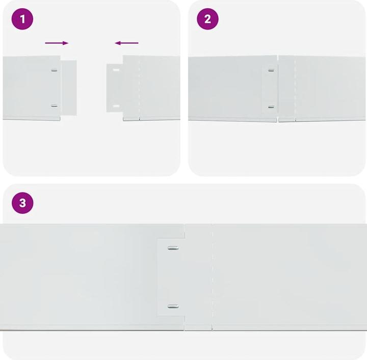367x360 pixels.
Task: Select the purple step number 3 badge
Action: tap(22, 203)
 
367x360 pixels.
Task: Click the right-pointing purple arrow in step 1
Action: tap(57, 43)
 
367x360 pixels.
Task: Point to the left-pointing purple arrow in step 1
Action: tap(127, 43)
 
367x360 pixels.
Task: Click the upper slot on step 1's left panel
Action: tap(54, 70)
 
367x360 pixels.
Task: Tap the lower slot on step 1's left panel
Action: tap(54, 106)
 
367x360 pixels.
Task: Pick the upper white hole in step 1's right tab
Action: tap(116, 70)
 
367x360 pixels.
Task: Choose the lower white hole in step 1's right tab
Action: tap(116, 106)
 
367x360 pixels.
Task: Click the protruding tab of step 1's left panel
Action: tap(69, 87)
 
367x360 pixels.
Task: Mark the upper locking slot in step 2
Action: tap(271, 70)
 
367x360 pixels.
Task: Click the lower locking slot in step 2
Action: tap(271, 107)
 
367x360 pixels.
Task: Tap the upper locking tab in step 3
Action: tap(173, 248)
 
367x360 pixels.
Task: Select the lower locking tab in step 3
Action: tap(173, 307)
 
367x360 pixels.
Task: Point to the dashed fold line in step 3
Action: tap(213, 275)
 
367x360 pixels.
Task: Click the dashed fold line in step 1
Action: tap(139, 87)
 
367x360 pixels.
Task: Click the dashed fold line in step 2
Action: tap(296, 87)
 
